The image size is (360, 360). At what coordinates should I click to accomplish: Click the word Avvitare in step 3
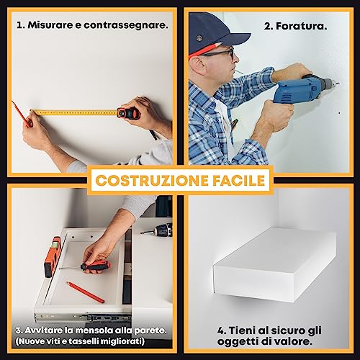click(46, 330)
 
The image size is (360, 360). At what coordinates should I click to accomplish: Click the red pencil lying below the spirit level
click(85, 292)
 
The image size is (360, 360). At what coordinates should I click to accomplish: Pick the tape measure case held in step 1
click(129, 113)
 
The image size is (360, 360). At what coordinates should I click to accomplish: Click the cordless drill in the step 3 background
click(158, 230)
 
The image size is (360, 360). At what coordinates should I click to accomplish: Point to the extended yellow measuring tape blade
click(72, 112)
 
